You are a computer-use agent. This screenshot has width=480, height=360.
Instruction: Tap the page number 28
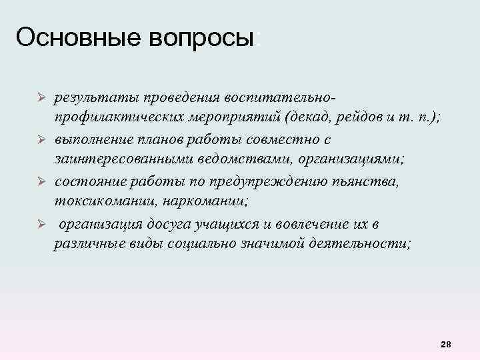click(x=446, y=344)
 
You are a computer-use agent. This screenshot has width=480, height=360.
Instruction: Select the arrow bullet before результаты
click(x=41, y=98)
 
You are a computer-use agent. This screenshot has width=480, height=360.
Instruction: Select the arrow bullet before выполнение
click(x=41, y=140)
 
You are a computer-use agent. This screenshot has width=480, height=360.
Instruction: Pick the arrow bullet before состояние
click(x=41, y=181)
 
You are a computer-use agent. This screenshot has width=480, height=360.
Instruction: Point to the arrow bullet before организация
click(x=41, y=223)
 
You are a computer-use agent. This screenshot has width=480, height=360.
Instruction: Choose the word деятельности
click(x=361, y=244)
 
